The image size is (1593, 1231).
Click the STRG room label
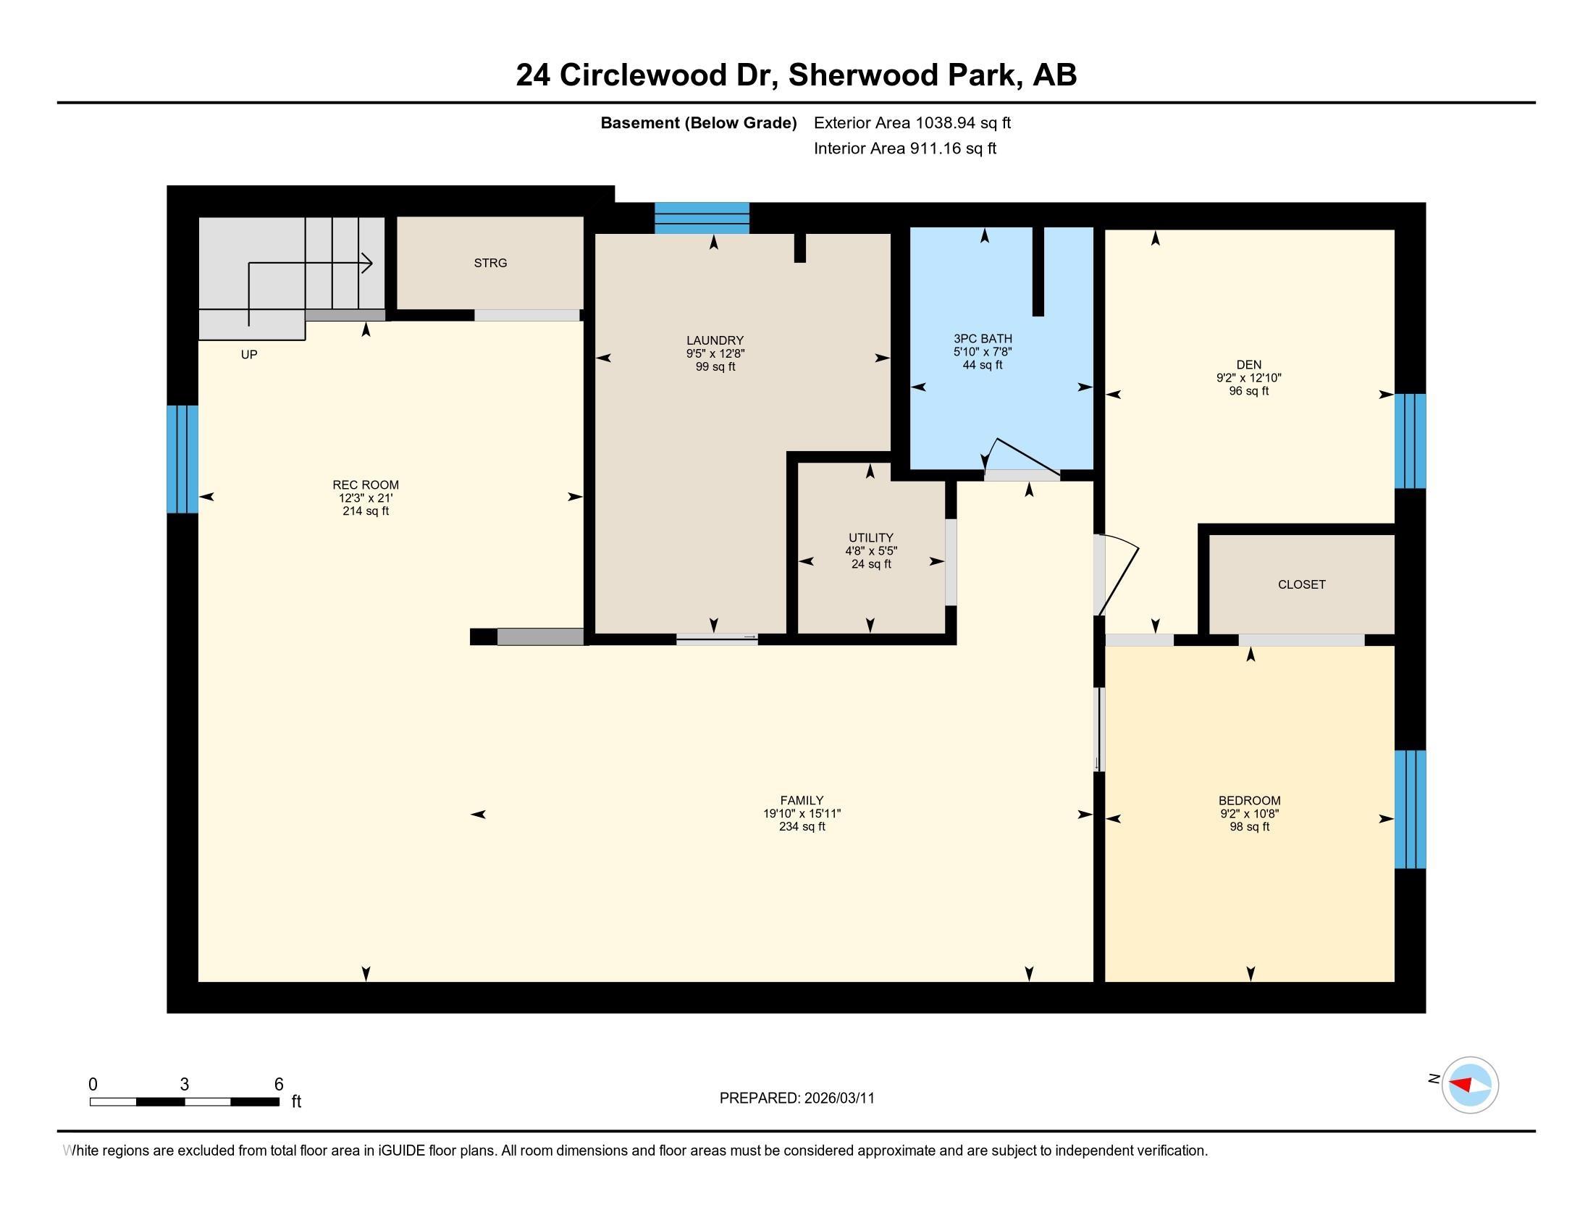(x=490, y=264)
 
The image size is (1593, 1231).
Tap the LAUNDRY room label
(x=715, y=340)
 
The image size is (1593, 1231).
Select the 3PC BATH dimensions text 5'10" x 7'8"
(x=983, y=352)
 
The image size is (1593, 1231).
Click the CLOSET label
(x=1301, y=585)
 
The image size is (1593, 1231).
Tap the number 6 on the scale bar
(x=278, y=1085)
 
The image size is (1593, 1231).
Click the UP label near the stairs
(x=248, y=355)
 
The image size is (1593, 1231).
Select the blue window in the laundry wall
(x=702, y=218)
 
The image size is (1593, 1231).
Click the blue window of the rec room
(x=182, y=459)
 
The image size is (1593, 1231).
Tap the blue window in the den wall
(x=1410, y=441)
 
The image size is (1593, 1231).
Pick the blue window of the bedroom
(x=1410, y=810)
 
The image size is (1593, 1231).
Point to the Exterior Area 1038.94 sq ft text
(x=912, y=123)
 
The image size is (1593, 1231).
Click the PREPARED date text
(x=796, y=1098)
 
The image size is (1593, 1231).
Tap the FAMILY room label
(x=802, y=801)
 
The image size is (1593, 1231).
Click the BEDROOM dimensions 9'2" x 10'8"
(x=1250, y=814)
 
